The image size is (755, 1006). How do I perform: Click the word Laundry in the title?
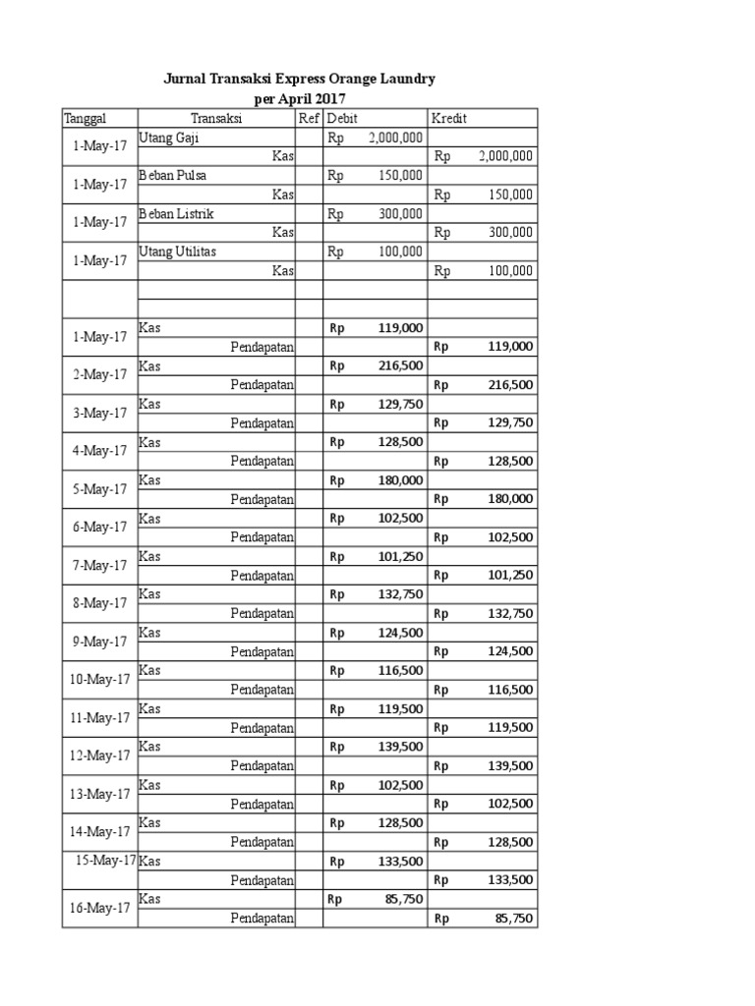[x=403, y=79]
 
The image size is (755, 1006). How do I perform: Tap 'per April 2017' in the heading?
[x=300, y=99]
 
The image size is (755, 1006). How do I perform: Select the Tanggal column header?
[x=85, y=119]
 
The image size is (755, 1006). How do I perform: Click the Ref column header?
[x=309, y=119]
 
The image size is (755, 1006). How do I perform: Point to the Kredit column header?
[x=449, y=119]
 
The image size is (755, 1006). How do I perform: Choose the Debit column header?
[x=344, y=119]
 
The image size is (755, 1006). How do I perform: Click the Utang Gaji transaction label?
[x=169, y=138]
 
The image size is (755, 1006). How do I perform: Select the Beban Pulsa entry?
[x=173, y=176]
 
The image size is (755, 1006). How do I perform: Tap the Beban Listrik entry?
[x=176, y=214]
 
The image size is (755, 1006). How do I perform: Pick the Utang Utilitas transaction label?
[x=178, y=252]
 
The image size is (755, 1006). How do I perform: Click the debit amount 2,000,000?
[x=395, y=139]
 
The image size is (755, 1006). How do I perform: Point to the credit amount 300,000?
[x=510, y=233]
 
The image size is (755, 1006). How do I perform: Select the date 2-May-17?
[x=99, y=374]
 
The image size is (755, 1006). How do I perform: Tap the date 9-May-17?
[x=99, y=642]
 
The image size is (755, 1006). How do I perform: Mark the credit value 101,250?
[x=510, y=575]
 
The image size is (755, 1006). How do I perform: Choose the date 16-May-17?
[x=99, y=909]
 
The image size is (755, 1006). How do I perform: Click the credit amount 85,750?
[x=514, y=919]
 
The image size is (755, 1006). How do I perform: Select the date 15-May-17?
[x=105, y=861]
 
